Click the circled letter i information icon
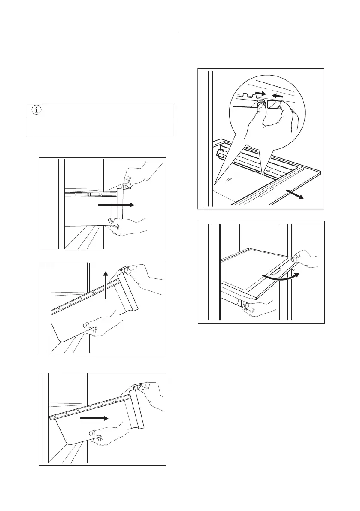(x=36, y=110)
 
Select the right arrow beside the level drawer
(x=116, y=206)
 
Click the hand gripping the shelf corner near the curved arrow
(x=306, y=261)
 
